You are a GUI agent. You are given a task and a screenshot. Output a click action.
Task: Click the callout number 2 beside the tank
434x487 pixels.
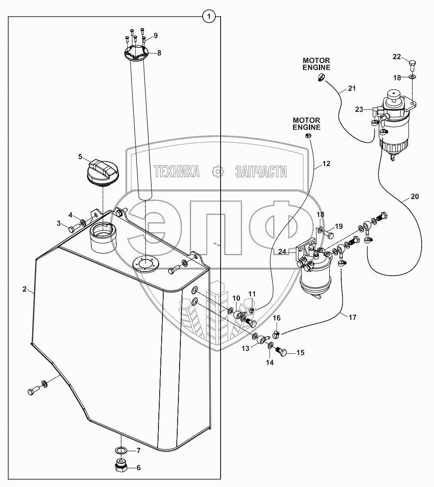coord(25,290)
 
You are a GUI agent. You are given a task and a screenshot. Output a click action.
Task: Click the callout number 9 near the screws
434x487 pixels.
coord(156,35)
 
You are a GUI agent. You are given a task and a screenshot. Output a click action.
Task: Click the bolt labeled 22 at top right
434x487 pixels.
coord(412,63)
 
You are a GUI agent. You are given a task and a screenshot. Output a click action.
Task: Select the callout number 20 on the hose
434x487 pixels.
coord(414,196)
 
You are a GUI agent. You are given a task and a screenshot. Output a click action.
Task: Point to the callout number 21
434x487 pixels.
coord(352,88)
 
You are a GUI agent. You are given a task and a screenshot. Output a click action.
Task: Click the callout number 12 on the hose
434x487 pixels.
coord(326,164)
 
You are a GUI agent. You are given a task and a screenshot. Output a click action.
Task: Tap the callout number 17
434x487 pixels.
coord(352,317)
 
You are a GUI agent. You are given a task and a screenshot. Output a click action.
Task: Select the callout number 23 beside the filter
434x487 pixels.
coord(360,109)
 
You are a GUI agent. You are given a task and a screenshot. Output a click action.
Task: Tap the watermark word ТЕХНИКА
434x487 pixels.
coord(177,172)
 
